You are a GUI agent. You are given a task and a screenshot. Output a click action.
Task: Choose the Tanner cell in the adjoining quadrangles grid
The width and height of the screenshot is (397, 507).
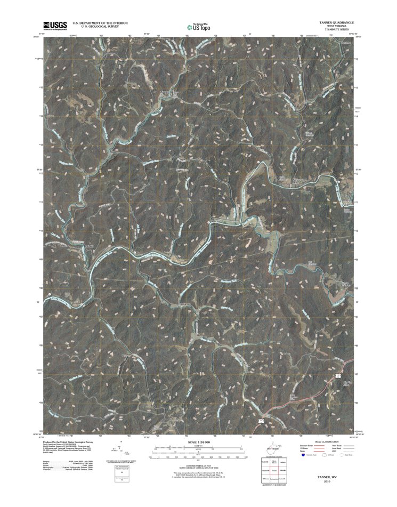coord(273,471)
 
